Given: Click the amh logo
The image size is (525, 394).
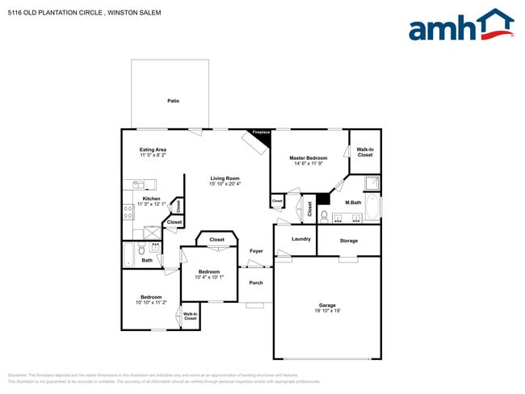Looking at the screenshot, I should point(460,26).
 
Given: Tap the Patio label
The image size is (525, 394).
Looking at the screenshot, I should point(173,101).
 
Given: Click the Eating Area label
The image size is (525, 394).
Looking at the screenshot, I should point(153,149).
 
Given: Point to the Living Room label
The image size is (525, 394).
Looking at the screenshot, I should point(225,178).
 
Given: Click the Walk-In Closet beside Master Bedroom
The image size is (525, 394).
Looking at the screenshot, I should point(365,152).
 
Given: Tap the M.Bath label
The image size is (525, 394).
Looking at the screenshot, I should point(352,202).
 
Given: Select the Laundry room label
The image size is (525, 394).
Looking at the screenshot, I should point(301,239).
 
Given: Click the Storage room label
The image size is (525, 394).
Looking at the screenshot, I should point(348,241).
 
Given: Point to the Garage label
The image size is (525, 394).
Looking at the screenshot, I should point(327,304).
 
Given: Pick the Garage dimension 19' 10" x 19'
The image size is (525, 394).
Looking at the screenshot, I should point(327,310).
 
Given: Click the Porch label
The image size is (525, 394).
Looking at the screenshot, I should point(255,283).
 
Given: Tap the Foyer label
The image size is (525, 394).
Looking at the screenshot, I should point(256,251).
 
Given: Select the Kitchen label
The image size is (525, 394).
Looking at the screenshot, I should point(151,199).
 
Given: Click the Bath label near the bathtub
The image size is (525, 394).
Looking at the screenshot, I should point(147,260).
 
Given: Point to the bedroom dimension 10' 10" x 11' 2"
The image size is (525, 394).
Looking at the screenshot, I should point(151,302).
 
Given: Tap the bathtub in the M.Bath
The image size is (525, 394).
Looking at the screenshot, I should point(372,208).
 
